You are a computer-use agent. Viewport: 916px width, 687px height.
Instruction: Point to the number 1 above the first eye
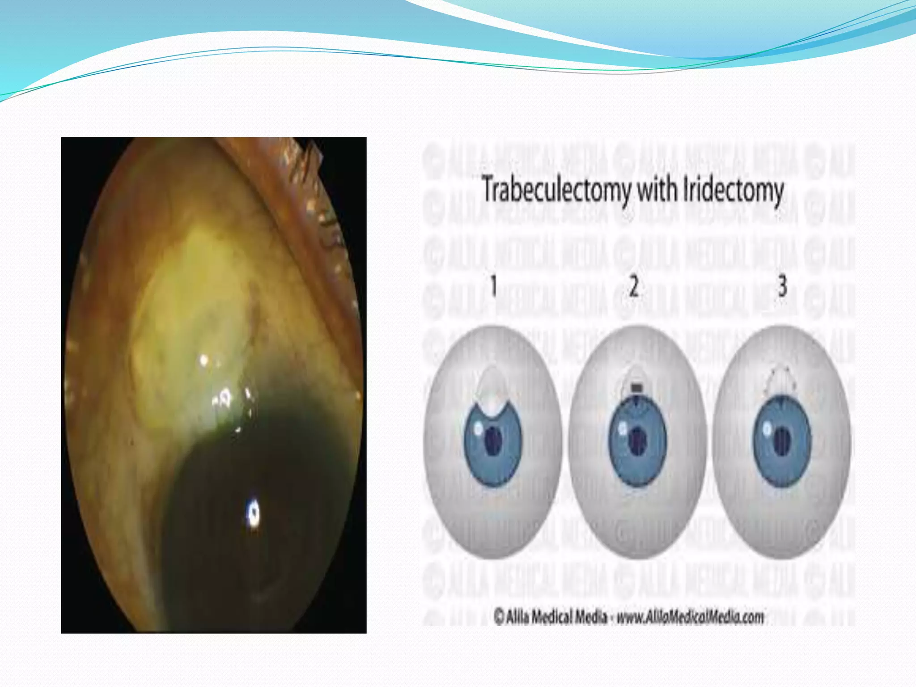pyautogui.click(x=494, y=286)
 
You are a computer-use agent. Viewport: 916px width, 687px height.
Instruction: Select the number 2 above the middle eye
pyautogui.click(x=634, y=286)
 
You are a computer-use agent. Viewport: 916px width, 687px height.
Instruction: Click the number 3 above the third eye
pyautogui.click(x=782, y=286)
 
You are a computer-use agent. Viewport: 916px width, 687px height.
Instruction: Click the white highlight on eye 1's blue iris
pyautogui.click(x=478, y=428)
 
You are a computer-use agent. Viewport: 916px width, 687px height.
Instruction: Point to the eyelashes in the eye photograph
pyautogui.click(x=309, y=157)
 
